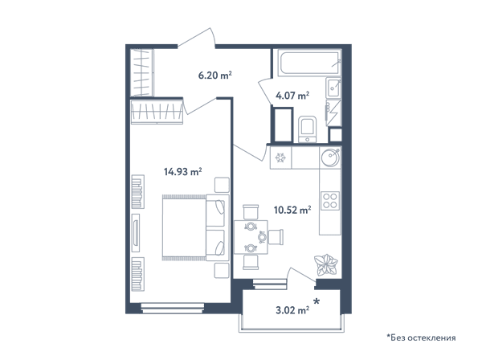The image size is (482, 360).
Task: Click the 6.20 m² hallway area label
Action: pyautogui.click(x=214, y=75)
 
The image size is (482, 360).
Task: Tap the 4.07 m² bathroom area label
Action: pyautogui.click(x=292, y=96)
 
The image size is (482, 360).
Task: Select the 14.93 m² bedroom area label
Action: pyautogui.click(x=183, y=171)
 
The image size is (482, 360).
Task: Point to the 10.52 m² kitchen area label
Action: pyautogui.click(x=292, y=210)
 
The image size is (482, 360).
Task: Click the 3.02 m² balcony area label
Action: pyautogui.click(x=292, y=310)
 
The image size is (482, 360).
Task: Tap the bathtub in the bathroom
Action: pyautogui.click(x=309, y=63)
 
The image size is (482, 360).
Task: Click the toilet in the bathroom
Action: pyautogui.click(x=308, y=129)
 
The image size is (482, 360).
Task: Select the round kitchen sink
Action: pyautogui.click(x=330, y=157)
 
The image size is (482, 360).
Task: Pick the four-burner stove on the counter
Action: pyautogui.click(x=330, y=201)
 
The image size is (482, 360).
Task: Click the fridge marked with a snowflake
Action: pyautogui.click(x=280, y=157)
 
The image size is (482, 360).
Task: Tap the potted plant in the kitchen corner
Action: pyautogui.click(x=326, y=264)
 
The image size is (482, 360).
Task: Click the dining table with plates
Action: pyautogui.click(x=251, y=237)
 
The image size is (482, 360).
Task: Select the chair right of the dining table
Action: pyautogui.click(x=276, y=237)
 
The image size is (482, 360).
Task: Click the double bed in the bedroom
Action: pyautogui.click(x=196, y=227)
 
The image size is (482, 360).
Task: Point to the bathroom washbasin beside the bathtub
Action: pyautogui.click(x=333, y=88)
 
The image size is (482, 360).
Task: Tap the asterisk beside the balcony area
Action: pyautogui.click(x=317, y=301)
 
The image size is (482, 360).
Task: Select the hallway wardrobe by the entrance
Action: pyautogui.click(x=141, y=72)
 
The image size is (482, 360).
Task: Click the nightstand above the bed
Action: pyautogui.click(x=222, y=185)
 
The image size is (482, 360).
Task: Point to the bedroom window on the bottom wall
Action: pyautogui.click(x=173, y=308)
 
